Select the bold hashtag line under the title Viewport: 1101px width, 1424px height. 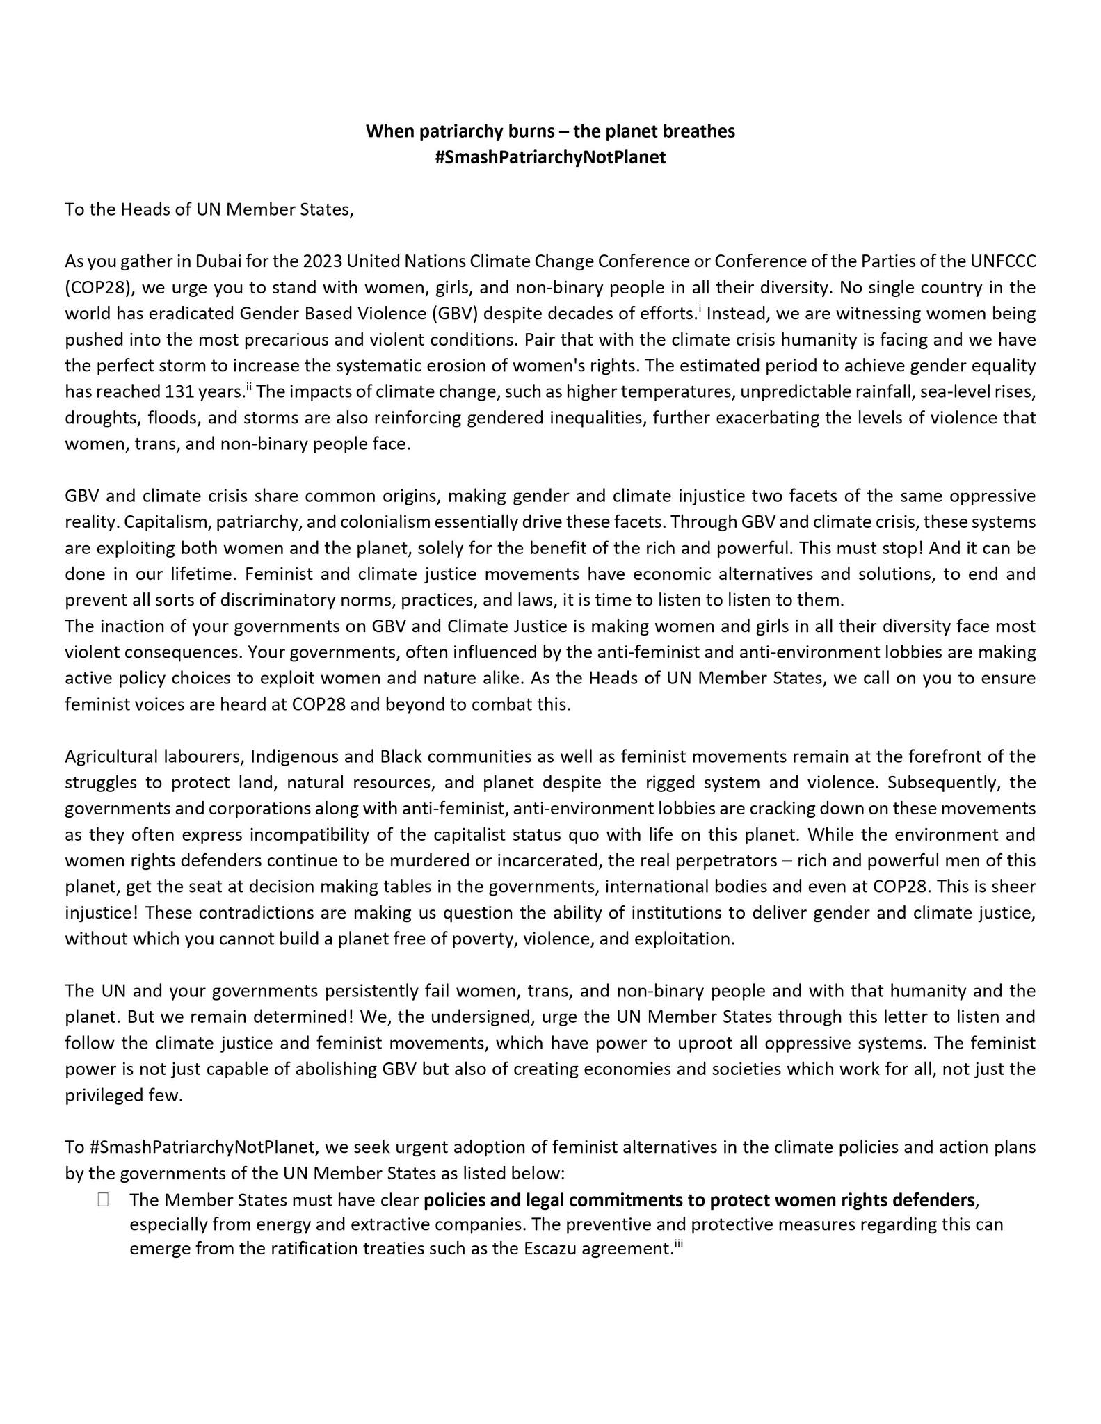pyautogui.click(x=550, y=157)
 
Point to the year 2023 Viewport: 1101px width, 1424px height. pyautogui.click(x=323, y=261)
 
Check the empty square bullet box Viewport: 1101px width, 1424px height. pyautogui.click(x=103, y=1199)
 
